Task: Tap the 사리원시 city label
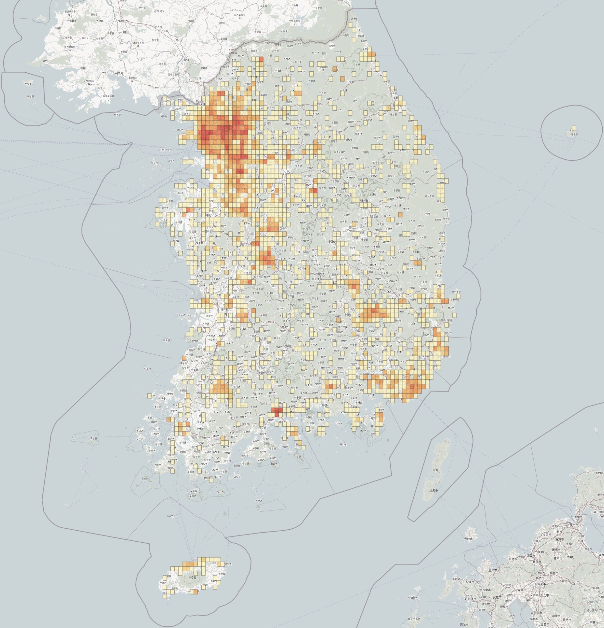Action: click(122, 21)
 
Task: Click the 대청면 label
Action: click(30, 96)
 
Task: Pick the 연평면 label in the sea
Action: click(117, 114)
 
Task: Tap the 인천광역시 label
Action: click(165, 150)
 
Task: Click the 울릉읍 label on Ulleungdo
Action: click(574, 134)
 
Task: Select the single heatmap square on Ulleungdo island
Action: click(574, 127)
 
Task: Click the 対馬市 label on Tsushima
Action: click(433, 491)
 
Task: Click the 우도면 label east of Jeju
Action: click(228, 564)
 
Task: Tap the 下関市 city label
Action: click(578, 517)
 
